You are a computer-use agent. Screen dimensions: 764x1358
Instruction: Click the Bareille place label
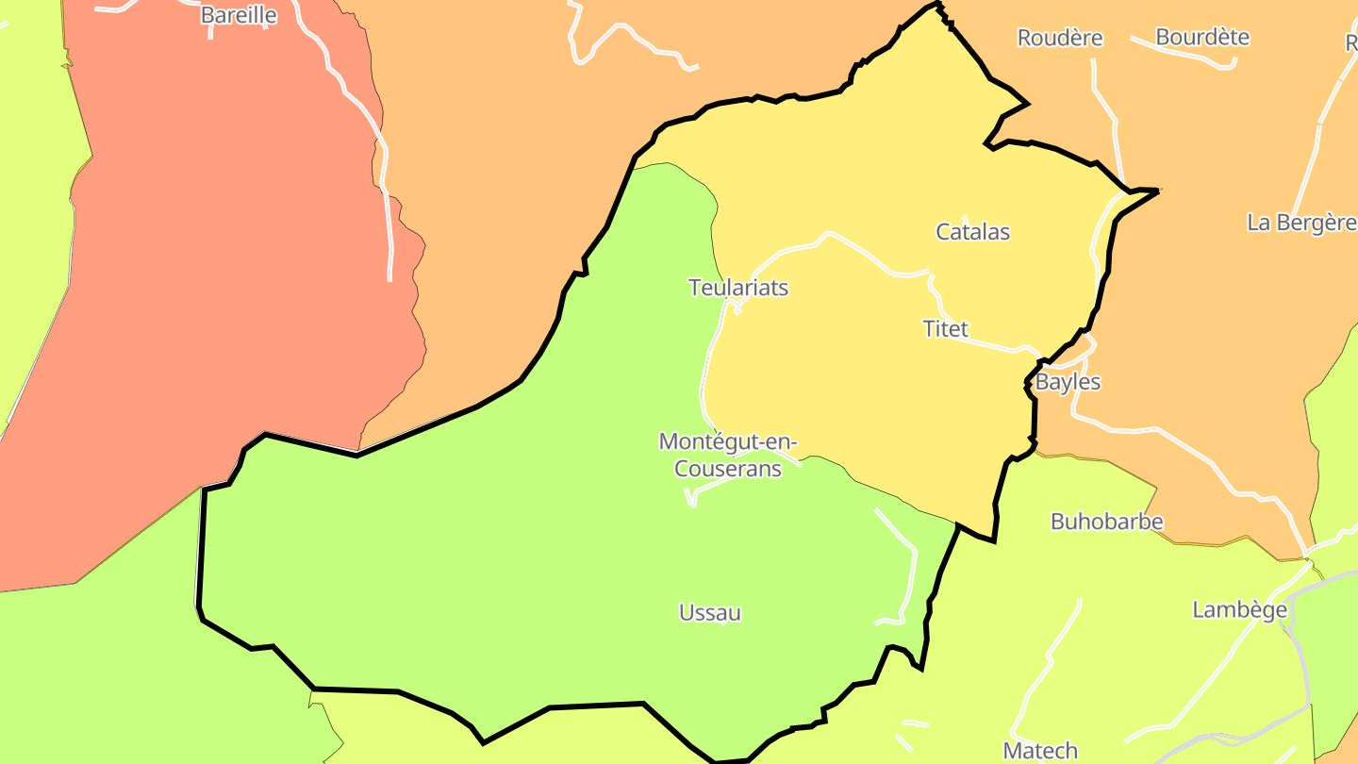(x=239, y=15)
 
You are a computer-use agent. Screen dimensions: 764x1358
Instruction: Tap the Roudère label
(x=1059, y=38)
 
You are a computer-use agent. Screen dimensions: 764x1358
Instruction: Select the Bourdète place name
(x=1202, y=37)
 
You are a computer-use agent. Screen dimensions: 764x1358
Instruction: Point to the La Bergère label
(x=1301, y=223)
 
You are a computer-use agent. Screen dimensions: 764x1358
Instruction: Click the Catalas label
(x=972, y=231)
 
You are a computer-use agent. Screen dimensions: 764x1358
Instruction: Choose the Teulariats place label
(x=738, y=288)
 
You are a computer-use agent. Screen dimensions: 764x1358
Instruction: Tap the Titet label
(x=945, y=329)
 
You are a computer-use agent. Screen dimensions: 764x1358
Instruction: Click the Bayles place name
(x=1068, y=382)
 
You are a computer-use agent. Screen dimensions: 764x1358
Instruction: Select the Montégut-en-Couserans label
(x=728, y=455)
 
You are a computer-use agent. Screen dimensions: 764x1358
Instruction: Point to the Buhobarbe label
(x=1106, y=522)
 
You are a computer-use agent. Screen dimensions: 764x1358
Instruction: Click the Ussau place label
(x=710, y=613)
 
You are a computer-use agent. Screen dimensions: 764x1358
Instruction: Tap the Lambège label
(x=1239, y=610)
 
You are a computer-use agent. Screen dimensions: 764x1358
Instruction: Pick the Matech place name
(x=1040, y=751)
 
